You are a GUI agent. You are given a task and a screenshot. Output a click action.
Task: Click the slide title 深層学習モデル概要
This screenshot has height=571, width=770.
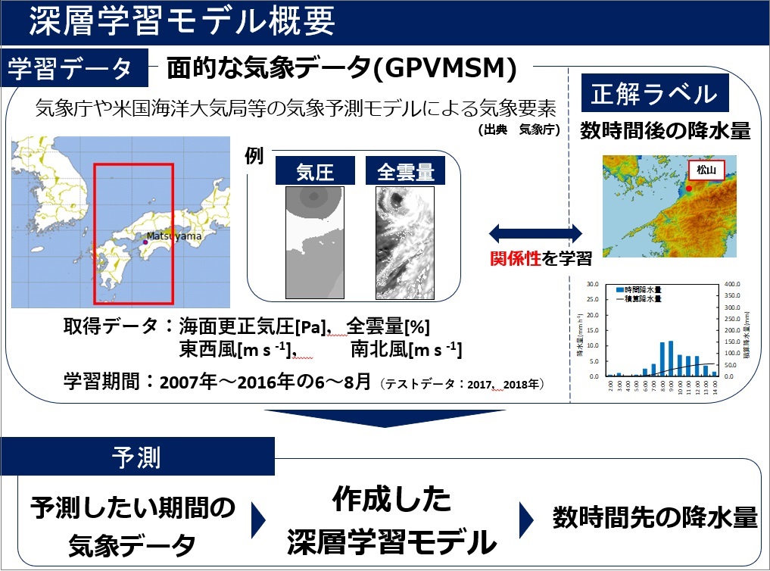[182, 22]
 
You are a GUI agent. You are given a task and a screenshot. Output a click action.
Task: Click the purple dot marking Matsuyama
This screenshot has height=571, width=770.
[145, 241]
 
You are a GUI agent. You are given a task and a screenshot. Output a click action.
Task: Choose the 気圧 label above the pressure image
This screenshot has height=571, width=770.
[315, 172]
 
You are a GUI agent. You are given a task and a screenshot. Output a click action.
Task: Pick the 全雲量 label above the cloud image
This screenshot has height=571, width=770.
[405, 172]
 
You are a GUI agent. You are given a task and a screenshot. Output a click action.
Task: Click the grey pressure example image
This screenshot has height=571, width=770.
[314, 242]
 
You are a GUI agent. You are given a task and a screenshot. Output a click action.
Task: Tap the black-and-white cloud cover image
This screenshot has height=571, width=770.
[405, 242]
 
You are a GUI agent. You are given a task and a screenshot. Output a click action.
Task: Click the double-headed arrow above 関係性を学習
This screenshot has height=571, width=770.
[535, 230]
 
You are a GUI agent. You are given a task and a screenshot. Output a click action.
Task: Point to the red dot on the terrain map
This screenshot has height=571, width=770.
[687, 183]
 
